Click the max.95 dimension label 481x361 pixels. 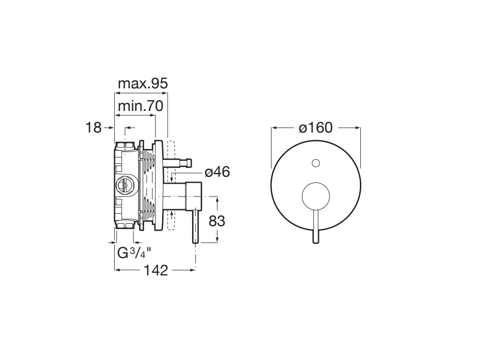(x=142, y=84)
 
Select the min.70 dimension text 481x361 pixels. (x=140, y=106)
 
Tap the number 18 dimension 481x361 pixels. (x=93, y=127)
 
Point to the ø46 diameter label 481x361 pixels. (x=217, y=172)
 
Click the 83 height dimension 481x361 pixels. (x=217, y=221)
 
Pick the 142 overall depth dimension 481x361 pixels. (x=155, y=270)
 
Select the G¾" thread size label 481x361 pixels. (x=134, y=253)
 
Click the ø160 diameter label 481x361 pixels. (x=316, y=127)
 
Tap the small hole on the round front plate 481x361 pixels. (x=316, y=164)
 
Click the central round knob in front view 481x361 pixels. (x=316, y=195)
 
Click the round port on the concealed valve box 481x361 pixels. (x=124, y=185)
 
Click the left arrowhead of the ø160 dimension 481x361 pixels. (x=273, y=127)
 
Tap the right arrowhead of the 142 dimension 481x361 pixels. (x=193, y=270)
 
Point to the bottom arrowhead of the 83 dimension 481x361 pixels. (x=217, y=241)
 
